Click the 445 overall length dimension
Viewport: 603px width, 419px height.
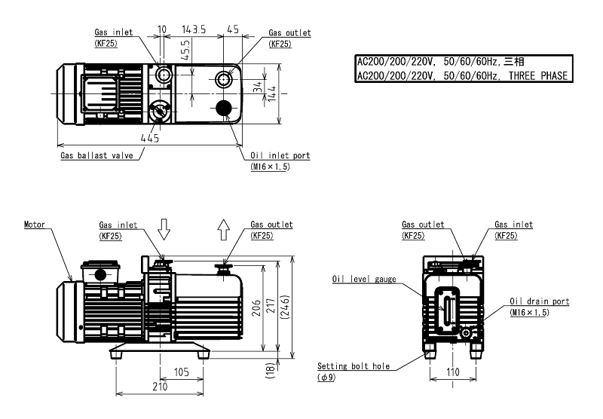149,137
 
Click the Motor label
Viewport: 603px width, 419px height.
35,225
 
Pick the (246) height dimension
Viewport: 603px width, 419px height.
292,306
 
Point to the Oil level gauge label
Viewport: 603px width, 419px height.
364,279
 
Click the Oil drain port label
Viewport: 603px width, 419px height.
539,301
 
